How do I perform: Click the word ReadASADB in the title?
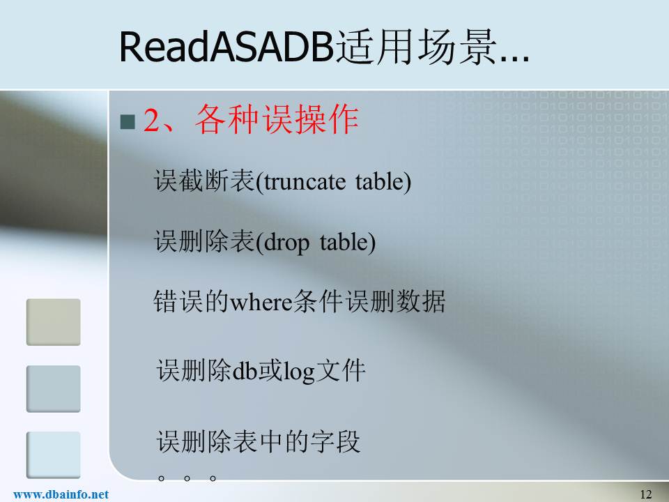pos(226,47)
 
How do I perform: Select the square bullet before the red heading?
pos(128,121)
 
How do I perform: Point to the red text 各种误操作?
pos(277,119)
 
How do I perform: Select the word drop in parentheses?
pos(286,243)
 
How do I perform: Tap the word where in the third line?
pos(261,303)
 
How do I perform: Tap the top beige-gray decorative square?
pos(54,322)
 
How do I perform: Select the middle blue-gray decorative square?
pos(54,388)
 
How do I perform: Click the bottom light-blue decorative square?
pos(54,455)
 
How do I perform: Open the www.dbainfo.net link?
pos(61,494)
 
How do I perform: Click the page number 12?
pos(646,494)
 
